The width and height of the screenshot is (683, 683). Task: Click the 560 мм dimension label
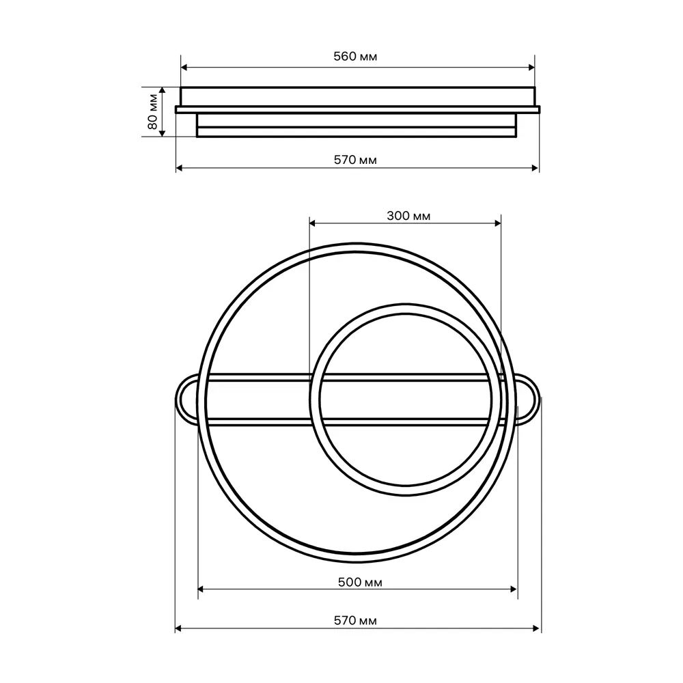(x=355, y=57)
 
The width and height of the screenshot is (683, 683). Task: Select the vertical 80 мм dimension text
(x=152, y=112)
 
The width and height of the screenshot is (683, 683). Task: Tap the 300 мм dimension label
(x=408, y=216)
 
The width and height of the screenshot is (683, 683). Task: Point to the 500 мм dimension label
(x=360, y=582)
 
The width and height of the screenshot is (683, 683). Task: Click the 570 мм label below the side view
(x=355, y=160)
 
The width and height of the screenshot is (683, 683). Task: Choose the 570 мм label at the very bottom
(x=355, y=621)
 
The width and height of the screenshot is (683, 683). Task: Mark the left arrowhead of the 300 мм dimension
(x=313, y=223)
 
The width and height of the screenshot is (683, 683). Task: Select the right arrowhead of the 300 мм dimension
(x=497, y=223)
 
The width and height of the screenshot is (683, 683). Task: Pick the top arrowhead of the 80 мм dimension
(x=163, y=91)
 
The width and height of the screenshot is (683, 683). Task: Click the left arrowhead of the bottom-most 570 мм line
(x=179, y=628)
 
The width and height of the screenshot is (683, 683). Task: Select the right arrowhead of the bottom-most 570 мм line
(x=538, y=628)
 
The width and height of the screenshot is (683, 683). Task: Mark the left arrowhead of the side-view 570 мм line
(x=180, y=167)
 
